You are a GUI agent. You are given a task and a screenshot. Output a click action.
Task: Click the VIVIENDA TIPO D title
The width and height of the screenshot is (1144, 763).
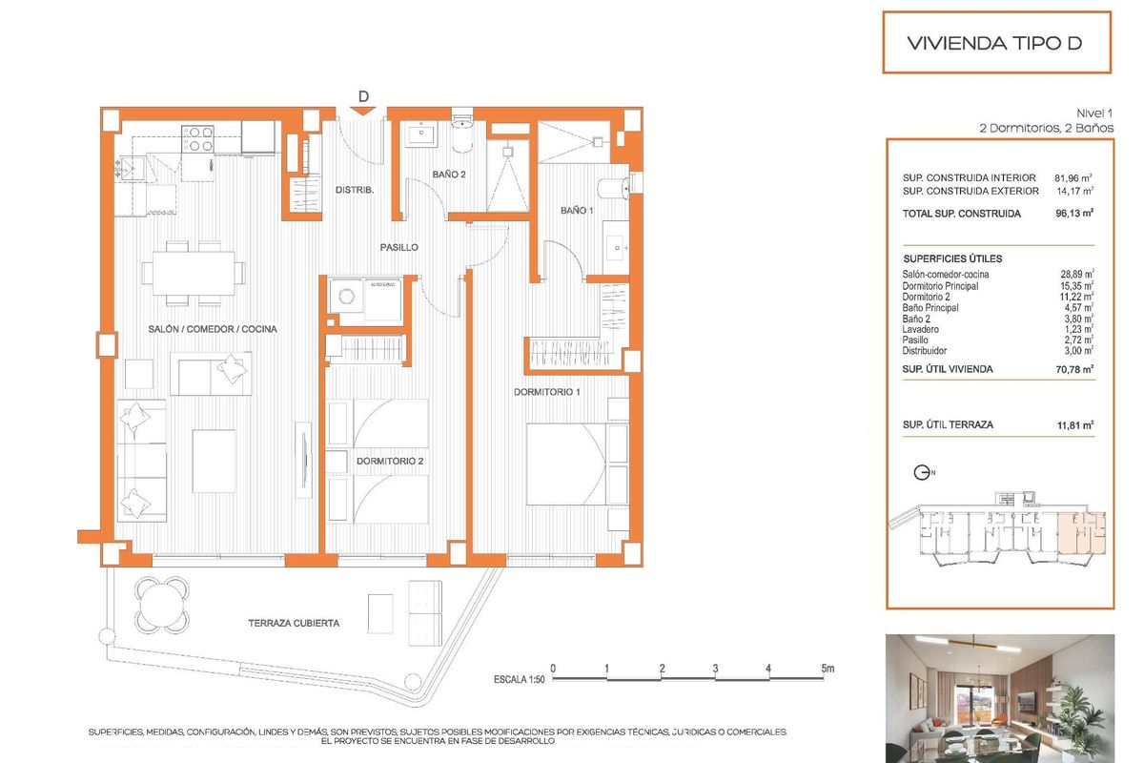point(995,43)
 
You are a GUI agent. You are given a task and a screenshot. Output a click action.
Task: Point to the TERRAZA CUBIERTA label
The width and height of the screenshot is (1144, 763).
point(294,623)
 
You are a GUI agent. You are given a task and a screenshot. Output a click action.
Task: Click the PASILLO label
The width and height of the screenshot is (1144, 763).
point(398,247)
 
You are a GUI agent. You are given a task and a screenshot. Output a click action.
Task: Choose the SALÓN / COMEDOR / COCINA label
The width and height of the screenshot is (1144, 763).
point(213,329)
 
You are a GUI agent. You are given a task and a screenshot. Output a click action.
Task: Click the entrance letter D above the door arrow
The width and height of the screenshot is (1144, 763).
point(363,95)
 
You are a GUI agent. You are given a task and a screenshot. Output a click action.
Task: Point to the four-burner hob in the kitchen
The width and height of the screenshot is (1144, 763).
point(197,140)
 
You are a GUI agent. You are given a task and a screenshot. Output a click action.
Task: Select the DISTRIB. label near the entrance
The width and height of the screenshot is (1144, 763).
point(355,190)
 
